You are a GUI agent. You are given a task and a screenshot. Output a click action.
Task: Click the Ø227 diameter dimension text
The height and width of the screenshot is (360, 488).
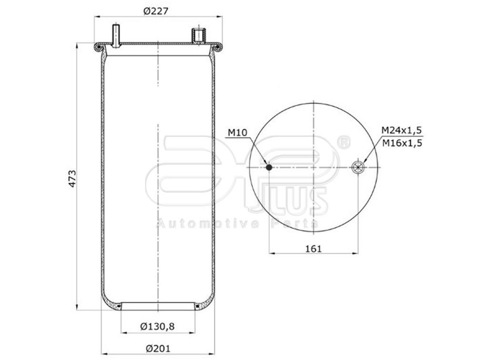click(157, 10)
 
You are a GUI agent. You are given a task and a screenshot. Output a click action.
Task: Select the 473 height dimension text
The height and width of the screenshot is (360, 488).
click(72, 177)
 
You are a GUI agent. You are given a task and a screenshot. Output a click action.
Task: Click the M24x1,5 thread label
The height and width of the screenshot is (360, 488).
click(402, 130)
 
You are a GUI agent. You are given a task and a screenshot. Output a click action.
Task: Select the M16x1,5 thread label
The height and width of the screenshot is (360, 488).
click(402, 142)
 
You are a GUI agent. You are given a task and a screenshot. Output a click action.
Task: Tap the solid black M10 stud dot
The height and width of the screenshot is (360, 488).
click(269, 167)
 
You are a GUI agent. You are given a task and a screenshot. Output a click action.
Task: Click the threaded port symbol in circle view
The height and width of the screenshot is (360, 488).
click(357, 167)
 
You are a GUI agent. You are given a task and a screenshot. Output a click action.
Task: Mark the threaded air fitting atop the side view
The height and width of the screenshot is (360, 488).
click(198, 36)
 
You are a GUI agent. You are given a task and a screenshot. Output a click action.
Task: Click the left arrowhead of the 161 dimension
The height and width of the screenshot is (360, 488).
click(272, 253)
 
